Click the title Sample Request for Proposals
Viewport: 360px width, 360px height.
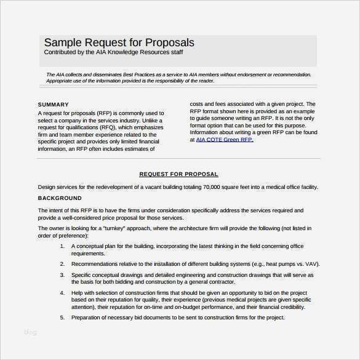coord(119,42)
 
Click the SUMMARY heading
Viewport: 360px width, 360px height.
coord(53,105)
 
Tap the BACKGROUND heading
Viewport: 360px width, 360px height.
coord(60,198)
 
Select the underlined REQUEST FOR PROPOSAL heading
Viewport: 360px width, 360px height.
coord(178,174)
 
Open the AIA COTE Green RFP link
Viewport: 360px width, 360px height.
coord(224,140)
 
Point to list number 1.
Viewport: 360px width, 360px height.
coord(62,246)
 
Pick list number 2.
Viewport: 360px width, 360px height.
coord(62,264)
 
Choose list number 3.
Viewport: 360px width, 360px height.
coord(62,275)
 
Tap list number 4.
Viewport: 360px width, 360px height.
coord(62,293)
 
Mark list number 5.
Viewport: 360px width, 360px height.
coord(62,318)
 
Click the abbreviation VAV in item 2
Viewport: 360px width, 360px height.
coord(312,264)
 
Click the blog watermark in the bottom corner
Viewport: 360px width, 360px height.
coord(30,332)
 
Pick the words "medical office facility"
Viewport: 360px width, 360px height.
coord(292,187)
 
